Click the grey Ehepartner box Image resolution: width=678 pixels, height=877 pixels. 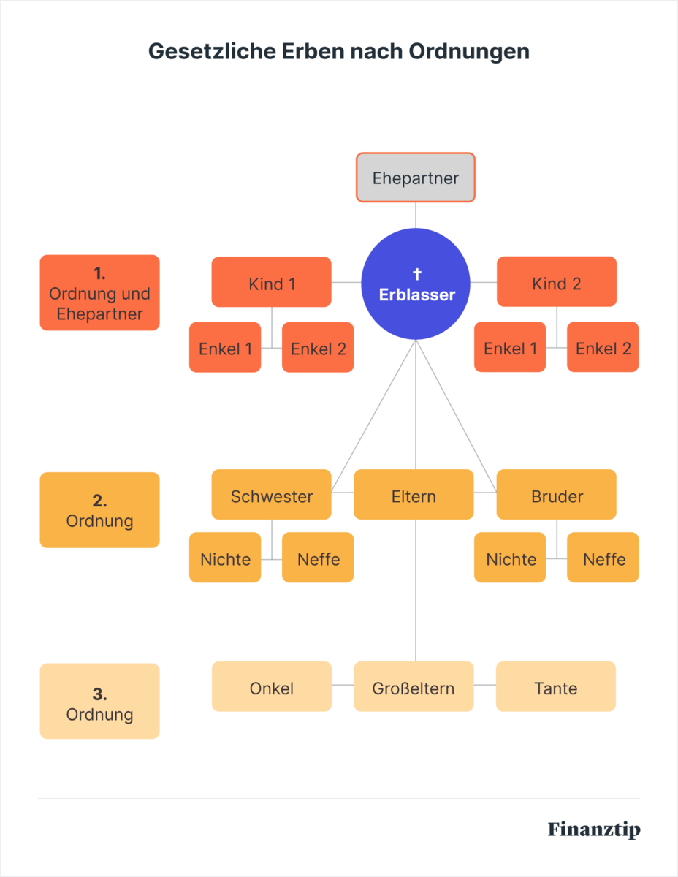(x=416, y=178)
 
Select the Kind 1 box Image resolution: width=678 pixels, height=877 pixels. (x=272, y=283)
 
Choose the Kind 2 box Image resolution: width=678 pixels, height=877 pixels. (x=557, y=283)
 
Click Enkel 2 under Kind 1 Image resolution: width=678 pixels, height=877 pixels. (x=318, y=348)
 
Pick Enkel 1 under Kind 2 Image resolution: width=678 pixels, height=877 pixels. (x=510, y=348)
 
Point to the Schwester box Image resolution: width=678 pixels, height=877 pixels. (x=272, y=496)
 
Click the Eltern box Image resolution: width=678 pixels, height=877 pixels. (x=414, y=496)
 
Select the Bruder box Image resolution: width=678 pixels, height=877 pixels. (x=557, y=496)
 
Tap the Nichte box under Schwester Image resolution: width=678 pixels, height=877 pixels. (x=225, y=558)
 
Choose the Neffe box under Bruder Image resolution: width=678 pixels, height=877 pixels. (x=603, y=558)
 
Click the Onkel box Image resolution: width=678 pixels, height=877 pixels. (x=272, y=687)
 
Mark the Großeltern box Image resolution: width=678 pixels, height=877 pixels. (x=414, y=687)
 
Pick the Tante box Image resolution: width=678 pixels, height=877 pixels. (x=556, y=687)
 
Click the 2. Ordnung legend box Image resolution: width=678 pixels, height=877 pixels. (x=99, y=510)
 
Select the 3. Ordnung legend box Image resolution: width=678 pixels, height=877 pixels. (x=99, y=702)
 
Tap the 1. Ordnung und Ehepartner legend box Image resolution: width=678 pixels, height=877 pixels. (x=99, y=292)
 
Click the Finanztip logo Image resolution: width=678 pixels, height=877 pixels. (x=594, y=830)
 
